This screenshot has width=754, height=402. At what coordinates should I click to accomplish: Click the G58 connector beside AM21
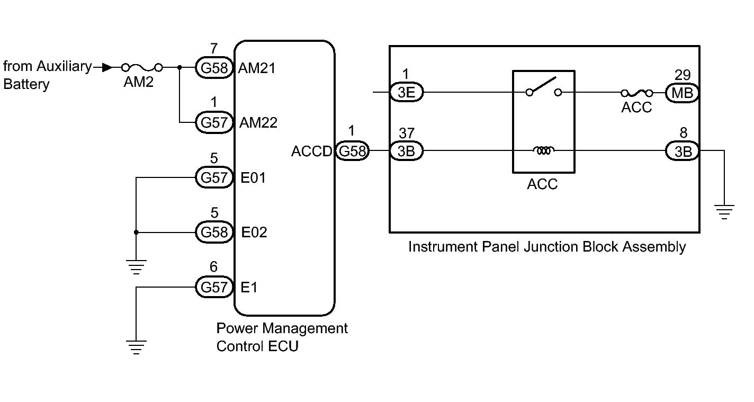click(x=214, y=68)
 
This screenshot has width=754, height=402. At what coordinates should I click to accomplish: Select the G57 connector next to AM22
click(x=214, y=123)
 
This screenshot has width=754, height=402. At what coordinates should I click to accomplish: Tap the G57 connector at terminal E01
click(x=214, y=177)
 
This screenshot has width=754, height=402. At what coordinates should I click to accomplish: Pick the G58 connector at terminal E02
click(x=214, y=232)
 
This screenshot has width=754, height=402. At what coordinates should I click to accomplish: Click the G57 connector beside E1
click(x=214, y=288)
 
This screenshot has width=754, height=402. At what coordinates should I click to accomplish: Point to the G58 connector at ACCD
click(x=352, y=151)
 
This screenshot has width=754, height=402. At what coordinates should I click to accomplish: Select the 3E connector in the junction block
click(x=407, y=93)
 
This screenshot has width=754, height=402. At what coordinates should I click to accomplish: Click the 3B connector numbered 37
click(x=407, y=151)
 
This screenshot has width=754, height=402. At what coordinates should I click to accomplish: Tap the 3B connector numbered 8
click(x=682, y=151)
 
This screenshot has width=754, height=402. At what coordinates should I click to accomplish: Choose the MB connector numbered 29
click(x=682, y=93)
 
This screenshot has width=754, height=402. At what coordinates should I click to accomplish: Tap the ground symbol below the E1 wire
click(x=136, y=347)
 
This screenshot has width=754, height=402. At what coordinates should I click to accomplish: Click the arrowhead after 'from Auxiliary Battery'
click(x=106, y=68)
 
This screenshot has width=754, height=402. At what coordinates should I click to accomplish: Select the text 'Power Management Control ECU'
click(x=282, y=337)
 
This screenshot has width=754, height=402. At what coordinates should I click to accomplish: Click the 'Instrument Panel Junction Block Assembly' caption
click(x=546, y=247)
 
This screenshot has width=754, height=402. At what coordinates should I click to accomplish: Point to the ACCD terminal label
click(x=311, y=151)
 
